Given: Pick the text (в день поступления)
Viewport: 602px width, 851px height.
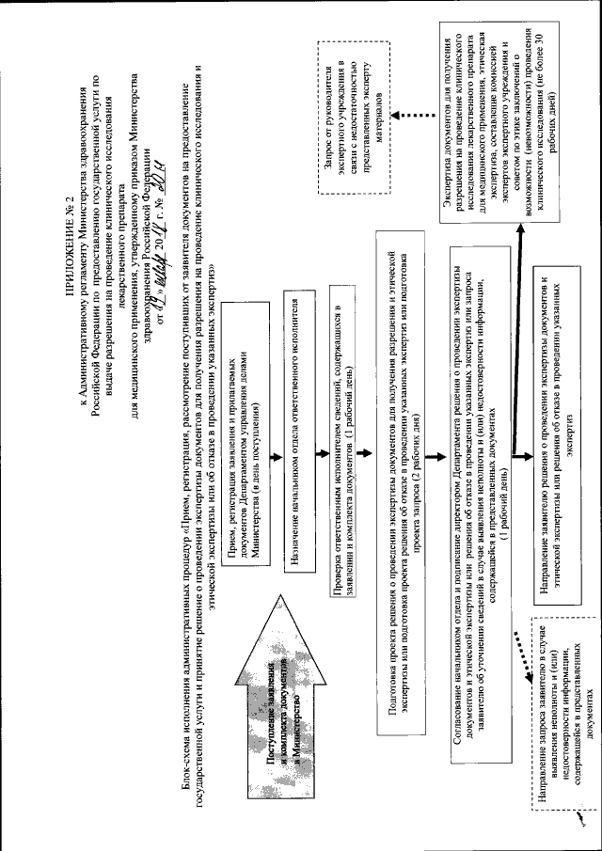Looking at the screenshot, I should pos(257,404).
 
